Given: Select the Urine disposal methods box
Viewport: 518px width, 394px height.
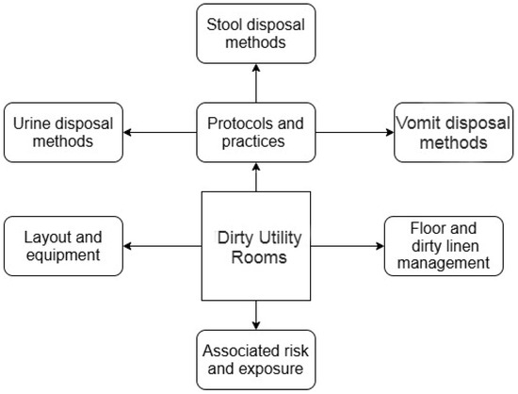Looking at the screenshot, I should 63,131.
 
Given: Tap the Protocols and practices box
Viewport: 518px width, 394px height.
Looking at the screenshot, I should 254,132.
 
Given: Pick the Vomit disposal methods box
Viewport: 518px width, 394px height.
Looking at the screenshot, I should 442,132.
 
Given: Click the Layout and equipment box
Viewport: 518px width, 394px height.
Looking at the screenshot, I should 63,246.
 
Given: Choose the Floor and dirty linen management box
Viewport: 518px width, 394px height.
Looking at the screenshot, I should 442,246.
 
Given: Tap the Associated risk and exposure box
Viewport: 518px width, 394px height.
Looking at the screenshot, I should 254,358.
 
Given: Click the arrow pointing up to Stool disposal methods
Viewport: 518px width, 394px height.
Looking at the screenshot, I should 254,78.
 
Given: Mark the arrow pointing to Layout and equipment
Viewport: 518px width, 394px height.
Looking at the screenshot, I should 162,247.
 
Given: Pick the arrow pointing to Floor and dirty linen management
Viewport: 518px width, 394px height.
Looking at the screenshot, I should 348,247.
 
